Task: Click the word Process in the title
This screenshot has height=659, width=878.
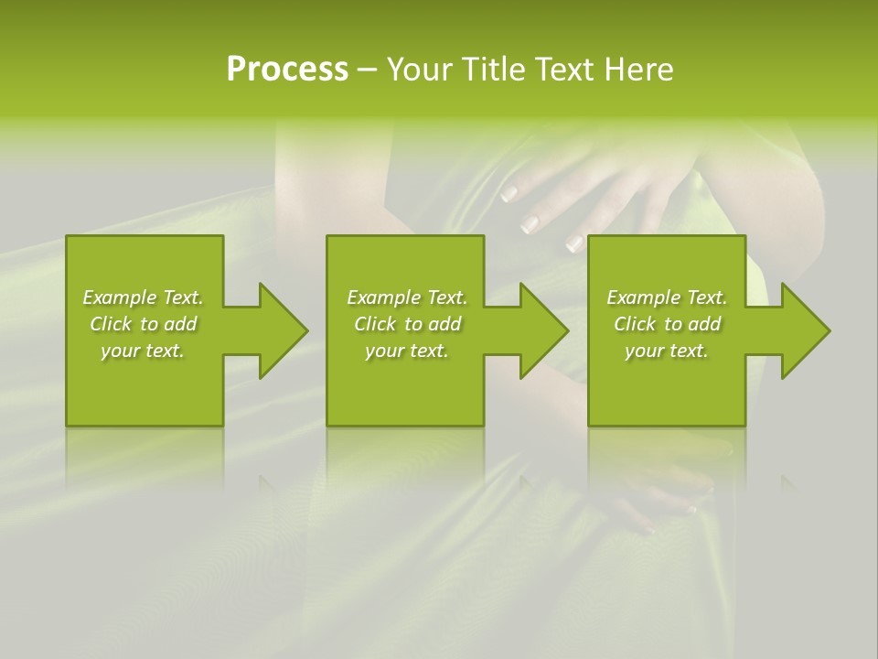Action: click(287, 70)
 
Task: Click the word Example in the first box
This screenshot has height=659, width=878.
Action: click(119, 297)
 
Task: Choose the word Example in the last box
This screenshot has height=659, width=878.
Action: click(643, 297)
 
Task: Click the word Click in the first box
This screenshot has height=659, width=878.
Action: click(111, 324)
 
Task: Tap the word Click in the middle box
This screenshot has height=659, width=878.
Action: click(375, 324)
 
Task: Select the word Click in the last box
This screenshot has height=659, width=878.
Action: click(635, 324)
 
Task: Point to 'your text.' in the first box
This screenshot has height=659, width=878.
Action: click(143, 351)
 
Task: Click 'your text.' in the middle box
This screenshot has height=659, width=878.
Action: click(407, 351)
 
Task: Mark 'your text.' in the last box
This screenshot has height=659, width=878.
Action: click(667, 351)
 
